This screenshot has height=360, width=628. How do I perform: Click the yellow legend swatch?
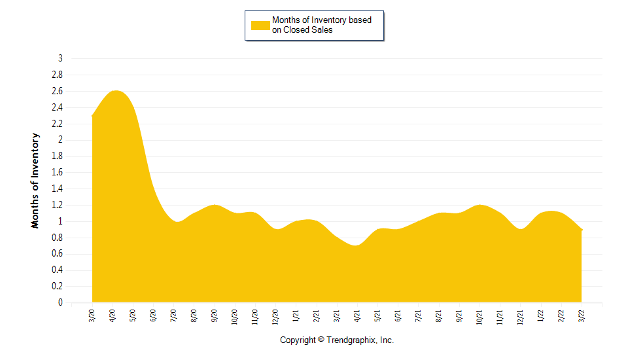coord(260,26)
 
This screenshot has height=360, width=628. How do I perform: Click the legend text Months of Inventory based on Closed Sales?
coord(321,25)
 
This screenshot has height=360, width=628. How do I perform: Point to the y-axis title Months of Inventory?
coord(35,180)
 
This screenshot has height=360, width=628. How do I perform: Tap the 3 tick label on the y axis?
coord(60,58)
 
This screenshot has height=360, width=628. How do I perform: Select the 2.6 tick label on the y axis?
coord(58,91)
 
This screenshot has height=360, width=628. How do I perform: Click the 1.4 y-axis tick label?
coord(58,189)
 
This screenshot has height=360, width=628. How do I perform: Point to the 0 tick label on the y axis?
coord(60,302)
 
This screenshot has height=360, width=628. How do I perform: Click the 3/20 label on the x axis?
coord(92,317)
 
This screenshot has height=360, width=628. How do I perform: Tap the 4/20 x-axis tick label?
coord(113,317)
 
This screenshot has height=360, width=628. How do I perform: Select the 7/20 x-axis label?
coord(174,317)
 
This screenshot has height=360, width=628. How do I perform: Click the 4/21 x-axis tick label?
coord(357,317)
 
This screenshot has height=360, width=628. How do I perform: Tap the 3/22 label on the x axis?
coord(582,317)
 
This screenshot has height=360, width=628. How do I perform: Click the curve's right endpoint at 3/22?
coord(582,230)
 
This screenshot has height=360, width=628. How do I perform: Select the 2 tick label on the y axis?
coord(60,139)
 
